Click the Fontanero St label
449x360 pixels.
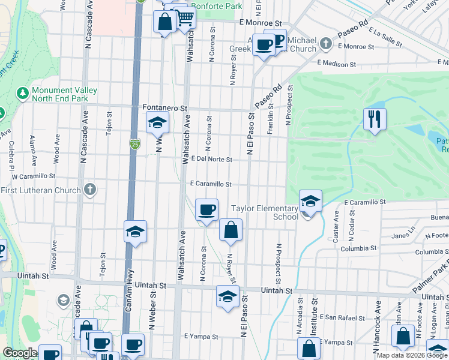coord(166,108)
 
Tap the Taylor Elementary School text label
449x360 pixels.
coord(265,212)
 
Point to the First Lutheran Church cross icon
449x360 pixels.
coord(90,190)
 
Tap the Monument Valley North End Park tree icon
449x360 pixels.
coord(23,93)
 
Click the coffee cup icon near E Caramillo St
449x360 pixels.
coord(206,210)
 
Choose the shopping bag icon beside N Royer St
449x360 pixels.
coord(231,230)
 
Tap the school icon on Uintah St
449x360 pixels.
coord(228,296)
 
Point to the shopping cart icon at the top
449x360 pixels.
coord(185,19)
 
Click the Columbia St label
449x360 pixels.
coord(358,248)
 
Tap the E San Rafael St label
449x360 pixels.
coord(342,317)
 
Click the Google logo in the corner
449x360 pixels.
coord(20,353)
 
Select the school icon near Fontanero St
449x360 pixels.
coord(157,123)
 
